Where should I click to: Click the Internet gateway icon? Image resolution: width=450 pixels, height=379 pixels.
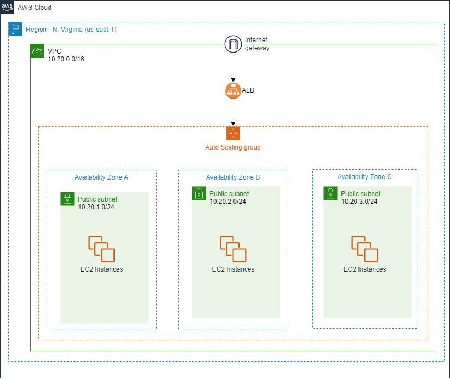point(233,44)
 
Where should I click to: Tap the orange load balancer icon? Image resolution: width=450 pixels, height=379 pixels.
point(233,91)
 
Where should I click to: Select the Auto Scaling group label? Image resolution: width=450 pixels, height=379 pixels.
point(233,147)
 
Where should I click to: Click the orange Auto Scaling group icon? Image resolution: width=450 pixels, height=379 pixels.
point(233,133)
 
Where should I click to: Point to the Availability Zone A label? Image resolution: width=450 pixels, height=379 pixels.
point(101,177)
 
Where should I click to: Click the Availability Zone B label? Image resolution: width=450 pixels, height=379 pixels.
point(233,177)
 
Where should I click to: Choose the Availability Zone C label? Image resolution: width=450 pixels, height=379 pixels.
point(364,177)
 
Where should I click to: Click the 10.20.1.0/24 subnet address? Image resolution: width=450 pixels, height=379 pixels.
point(96,207)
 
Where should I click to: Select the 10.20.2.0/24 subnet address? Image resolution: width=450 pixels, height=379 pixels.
point(227,202)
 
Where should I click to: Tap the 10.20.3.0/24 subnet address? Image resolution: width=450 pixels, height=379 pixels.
point(359,202)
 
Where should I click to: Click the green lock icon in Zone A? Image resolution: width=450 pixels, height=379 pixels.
point(67,198)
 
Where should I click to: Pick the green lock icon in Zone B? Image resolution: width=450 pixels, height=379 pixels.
point(199,193)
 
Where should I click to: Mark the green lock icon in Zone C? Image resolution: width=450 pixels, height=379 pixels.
point(331,193)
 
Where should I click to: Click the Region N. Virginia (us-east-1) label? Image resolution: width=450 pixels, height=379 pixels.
point(71,29)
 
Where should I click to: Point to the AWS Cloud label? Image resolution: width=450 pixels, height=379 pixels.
point(35,8)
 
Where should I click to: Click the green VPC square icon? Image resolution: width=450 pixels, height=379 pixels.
point(37,51)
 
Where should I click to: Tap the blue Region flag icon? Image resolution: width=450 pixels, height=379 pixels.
point(15,29)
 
